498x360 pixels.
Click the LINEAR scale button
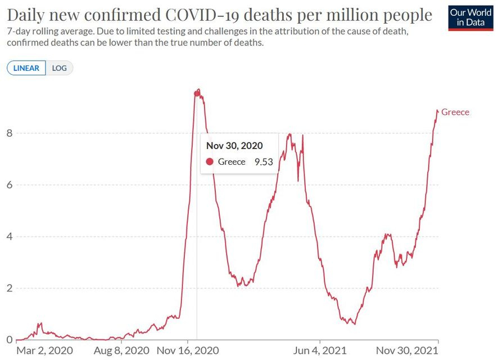(x=26, y=68)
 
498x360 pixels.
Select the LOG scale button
(x=59, y=68)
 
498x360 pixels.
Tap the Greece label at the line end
(x=455, y=112)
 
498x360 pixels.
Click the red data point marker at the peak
(x=197, y=93)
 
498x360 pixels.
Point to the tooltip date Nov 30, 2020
(x=234, y=146)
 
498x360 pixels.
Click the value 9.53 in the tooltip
(x=264, y=162)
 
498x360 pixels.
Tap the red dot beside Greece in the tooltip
(x=210, y=162)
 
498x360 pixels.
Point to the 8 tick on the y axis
(x=9, y=133)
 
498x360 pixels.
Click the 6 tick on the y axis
(x=9, y=185)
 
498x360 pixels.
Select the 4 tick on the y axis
(x=9, y=237)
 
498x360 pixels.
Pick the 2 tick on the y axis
(x=9, y=289)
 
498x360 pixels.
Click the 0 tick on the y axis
(x=9, y=340)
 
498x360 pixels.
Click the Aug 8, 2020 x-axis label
(x=121, y=350)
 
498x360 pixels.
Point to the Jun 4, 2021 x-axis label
(x=319, y=350)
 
